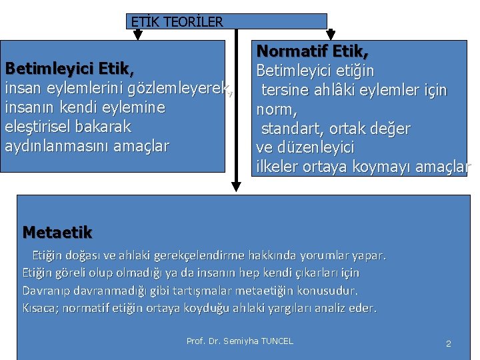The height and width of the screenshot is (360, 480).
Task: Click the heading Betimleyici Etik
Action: pyautogui.click(x=70, y=69)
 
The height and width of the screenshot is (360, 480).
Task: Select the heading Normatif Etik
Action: pyautogui.click(x=313, y=51)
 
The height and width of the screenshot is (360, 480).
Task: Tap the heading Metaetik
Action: pyautogui.click(x=57, y=232)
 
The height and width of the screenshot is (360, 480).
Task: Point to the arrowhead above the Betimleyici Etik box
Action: pyautogui.click(x=137, y=35)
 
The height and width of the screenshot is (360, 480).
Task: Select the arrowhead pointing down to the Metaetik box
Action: pyautogui.click(x=235, y=187)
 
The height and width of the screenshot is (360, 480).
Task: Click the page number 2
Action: pyautogui.click(x=448, y=343)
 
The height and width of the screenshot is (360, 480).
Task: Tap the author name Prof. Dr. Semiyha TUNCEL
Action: pyautogui.click(x=239, y=341)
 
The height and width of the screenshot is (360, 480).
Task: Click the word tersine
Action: pyautogui.click(x=285, y=89)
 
